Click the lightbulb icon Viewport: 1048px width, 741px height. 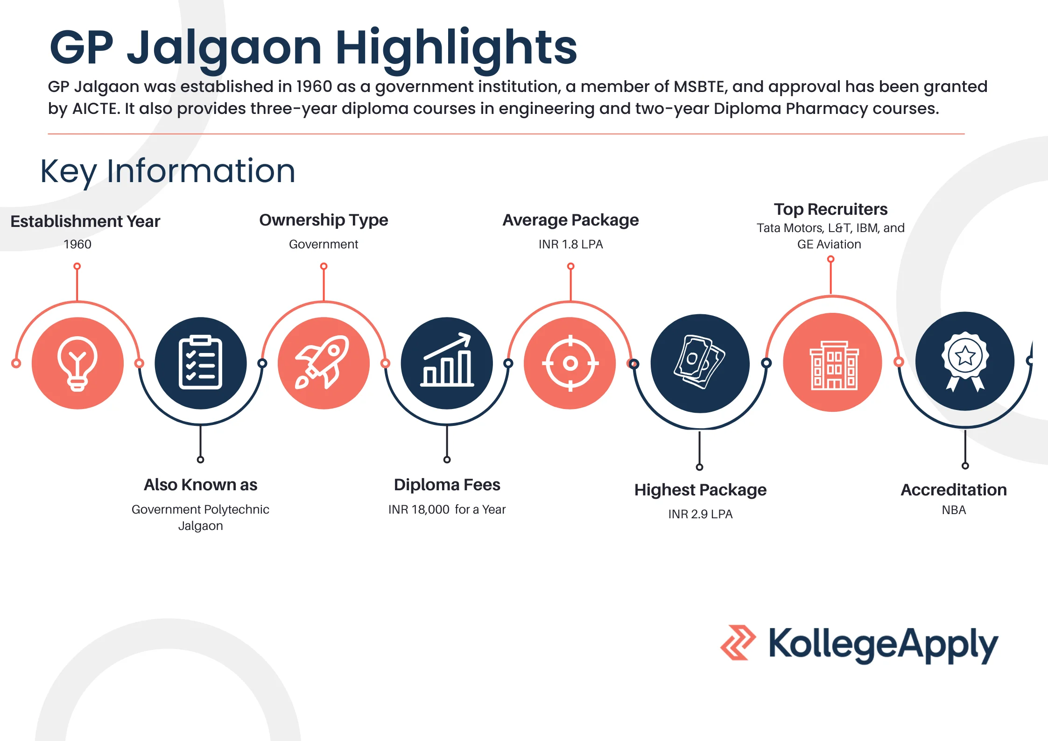[77, 363]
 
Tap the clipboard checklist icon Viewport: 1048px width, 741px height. [200, 362]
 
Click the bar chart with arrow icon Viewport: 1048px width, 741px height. [447, 360]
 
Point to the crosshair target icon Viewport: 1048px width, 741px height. [570, 363]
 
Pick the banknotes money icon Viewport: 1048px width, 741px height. [699, 362]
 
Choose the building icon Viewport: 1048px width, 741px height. [834, 365]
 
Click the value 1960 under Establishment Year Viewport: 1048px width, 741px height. [77, 244]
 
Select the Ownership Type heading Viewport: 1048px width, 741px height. [324, 220]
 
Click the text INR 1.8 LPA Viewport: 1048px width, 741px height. [570, 244]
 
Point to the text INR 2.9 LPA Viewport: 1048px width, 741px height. [700, 514]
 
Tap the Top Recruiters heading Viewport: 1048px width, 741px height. [830, 209]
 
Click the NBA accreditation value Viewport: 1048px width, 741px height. [954, 510]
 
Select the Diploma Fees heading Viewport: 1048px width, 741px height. [447, 485]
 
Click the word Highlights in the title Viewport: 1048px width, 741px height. [456, 48]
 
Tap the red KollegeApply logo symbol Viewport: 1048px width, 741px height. [738, 642]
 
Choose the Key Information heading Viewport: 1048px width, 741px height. [168, 171]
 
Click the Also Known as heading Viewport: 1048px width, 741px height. [200, 485]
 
